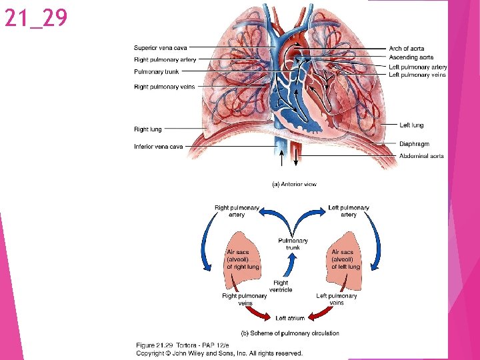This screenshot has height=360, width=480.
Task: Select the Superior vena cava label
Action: click(161, 48)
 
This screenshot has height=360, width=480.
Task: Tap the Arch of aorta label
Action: click(406, 49)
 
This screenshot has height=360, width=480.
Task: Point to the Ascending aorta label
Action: click(411, 58)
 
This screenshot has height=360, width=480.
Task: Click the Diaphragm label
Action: click(414, 144)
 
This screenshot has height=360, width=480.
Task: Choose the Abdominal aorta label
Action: click(421, 156)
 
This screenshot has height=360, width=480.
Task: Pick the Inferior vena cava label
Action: click(158, 147)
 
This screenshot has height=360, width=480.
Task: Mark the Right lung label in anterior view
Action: click(147, 129)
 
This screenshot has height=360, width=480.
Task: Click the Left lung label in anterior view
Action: click(411, 125)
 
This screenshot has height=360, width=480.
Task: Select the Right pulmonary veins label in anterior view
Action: click(164, 87)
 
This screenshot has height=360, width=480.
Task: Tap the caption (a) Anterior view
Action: click(294, 184)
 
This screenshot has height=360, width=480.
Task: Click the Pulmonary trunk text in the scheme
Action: click(293, 244)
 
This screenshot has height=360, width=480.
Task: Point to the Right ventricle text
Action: click(281, 286)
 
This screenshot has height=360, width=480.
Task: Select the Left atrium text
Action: click(290, 318)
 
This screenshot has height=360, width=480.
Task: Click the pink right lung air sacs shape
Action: click(243, 257)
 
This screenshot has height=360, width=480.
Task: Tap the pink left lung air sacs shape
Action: click(345, 257)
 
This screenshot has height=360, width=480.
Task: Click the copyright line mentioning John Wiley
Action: click(219, 353)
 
